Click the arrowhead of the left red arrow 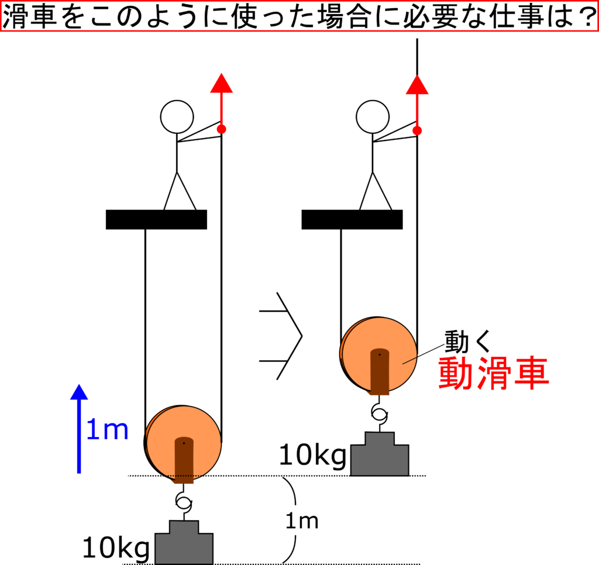(222, 84)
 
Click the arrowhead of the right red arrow (417, 85)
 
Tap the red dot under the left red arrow (221, 129)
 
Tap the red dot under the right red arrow (417, 130)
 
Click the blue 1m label (107, 430)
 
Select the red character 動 (456, 374)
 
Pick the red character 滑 (494, 374)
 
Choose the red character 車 (531, 374)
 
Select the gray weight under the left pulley (184, 543)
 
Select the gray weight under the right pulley (380, 455)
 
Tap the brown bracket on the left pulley (184, 462)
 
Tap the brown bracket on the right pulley (380, 374)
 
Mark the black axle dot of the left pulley (184, 443)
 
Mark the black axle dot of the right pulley (379, 354)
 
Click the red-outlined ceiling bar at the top (299, 16)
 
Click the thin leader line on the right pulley (409, 360)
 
